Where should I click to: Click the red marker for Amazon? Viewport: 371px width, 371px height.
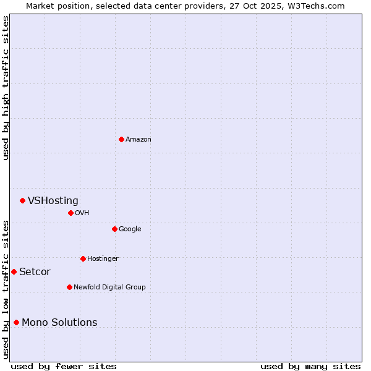[121, 139]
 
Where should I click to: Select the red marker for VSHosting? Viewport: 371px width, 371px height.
[22, 200]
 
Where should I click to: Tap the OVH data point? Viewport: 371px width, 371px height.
[70, 213]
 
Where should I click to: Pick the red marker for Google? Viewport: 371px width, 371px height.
[114, 229]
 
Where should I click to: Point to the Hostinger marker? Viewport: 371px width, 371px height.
[83, 258]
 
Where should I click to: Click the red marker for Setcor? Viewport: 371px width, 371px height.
[14, 271]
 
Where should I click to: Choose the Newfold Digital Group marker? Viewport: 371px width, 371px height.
[69, 287]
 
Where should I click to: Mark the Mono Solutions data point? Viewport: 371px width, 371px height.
[16, 322]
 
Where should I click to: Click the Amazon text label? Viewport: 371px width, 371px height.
[138, 139]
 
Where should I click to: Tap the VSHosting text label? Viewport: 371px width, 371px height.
[53, 200]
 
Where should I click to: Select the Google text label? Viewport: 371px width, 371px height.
[130, 229]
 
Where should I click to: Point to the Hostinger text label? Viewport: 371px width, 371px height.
[103, 258]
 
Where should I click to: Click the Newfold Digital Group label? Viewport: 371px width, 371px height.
[109, 287]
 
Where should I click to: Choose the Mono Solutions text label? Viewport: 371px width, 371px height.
[59, 322]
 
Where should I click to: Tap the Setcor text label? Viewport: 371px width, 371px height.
[35, 271]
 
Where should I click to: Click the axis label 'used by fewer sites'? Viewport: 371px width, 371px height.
[64, 366]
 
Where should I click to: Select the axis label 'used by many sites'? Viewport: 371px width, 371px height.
[310, 366]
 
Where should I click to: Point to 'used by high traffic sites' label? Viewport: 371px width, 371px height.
[6, 88]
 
